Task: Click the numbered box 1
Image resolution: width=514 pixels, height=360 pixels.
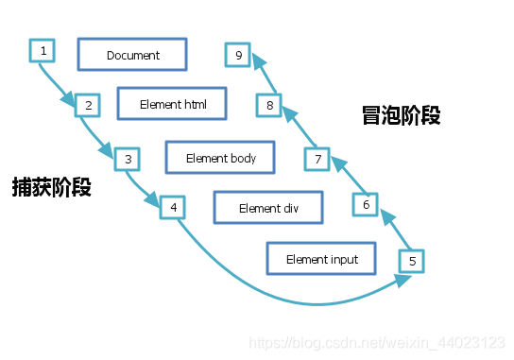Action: tap(43, 49)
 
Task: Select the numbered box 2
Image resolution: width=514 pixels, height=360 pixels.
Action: tap(88, 105)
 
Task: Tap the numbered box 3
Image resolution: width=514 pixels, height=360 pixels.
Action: tap(127, 159)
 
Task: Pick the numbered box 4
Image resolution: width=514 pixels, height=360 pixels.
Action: tap(173, 207)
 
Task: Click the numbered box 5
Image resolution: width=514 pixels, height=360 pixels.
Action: tap(411, 260)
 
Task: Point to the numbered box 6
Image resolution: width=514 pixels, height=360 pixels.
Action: tap(366, 203)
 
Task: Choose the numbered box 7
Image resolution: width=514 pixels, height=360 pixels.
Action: tap(318, 159)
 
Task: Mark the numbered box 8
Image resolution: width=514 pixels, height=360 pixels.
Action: tap(269, 105)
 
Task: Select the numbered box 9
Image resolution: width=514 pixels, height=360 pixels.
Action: tap(238, 56)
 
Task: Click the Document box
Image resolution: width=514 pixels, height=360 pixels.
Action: tap(133, 55)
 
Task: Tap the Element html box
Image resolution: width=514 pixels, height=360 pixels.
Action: tap(173, 104)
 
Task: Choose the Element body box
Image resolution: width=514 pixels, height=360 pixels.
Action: tap(221, 158)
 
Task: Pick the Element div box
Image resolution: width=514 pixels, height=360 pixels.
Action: tap(268, 208)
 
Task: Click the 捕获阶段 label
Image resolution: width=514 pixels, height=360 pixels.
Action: tap(52, 186)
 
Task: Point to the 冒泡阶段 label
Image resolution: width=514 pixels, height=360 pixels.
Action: tap(402, 115)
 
